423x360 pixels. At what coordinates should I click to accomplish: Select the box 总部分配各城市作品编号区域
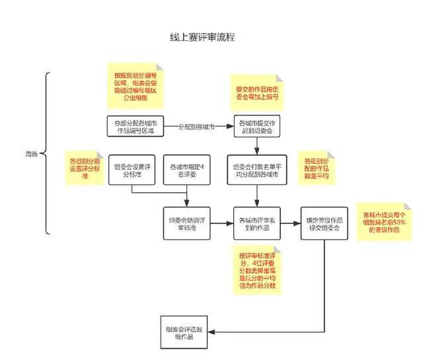point(134,126)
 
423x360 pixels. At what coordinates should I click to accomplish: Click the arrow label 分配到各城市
point(198,126)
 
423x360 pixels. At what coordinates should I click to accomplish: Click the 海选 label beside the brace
point(29,154)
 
